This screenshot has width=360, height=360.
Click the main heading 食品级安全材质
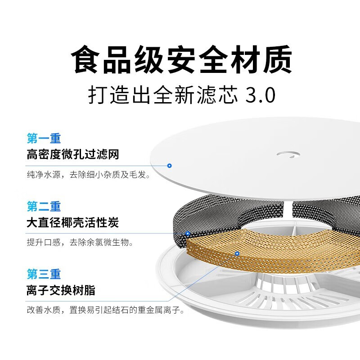pos(182,60)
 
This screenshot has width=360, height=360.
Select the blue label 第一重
pos(44,138)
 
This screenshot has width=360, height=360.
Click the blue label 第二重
pos(44,207)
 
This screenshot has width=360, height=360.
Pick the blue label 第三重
pos(44,274)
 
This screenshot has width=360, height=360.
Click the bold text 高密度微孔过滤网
pos(72,155)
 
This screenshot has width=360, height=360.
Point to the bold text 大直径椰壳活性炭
pos(72,223)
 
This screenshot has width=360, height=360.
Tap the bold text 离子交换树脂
pos(61,291)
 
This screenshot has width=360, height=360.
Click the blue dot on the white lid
pos(169,166)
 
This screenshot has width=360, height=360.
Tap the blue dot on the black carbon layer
pos(188,234)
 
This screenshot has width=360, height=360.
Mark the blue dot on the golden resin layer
pos(237,254)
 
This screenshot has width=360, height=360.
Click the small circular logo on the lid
pos(287,154)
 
